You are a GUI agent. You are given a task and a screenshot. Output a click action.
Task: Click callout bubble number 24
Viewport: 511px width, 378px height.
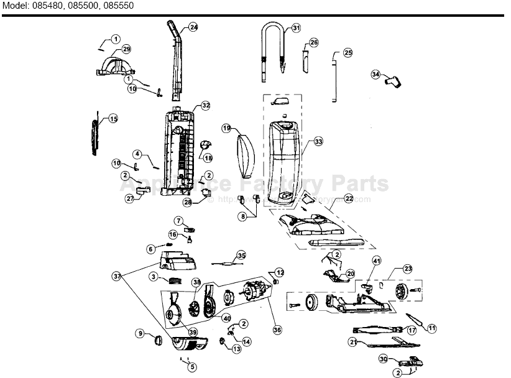(x=194, y=27)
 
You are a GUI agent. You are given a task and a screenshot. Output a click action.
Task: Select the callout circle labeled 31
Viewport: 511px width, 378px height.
(x=296, y=27)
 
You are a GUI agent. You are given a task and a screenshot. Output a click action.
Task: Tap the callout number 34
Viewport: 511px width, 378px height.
(x=375, y=74)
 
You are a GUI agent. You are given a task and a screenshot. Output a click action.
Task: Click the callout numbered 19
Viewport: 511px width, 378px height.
(x=226, y=128)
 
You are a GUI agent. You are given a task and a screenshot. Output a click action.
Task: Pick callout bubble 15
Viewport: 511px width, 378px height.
(x=113, y=119)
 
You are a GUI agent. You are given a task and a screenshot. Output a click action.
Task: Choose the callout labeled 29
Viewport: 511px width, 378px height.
(x=126, y=49)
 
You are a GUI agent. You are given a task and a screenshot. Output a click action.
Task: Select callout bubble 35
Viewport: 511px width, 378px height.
(x=241, y=256)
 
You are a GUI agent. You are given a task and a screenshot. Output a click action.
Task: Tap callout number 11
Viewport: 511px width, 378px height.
(x=432, y=328)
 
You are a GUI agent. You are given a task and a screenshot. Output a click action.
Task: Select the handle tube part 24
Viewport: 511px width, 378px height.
(x=177, y=59)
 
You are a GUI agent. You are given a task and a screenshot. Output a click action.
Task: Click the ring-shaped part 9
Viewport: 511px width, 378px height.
(x=158, y=339)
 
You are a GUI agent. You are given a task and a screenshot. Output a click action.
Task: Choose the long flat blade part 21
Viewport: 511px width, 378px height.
(x=392, y=343)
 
